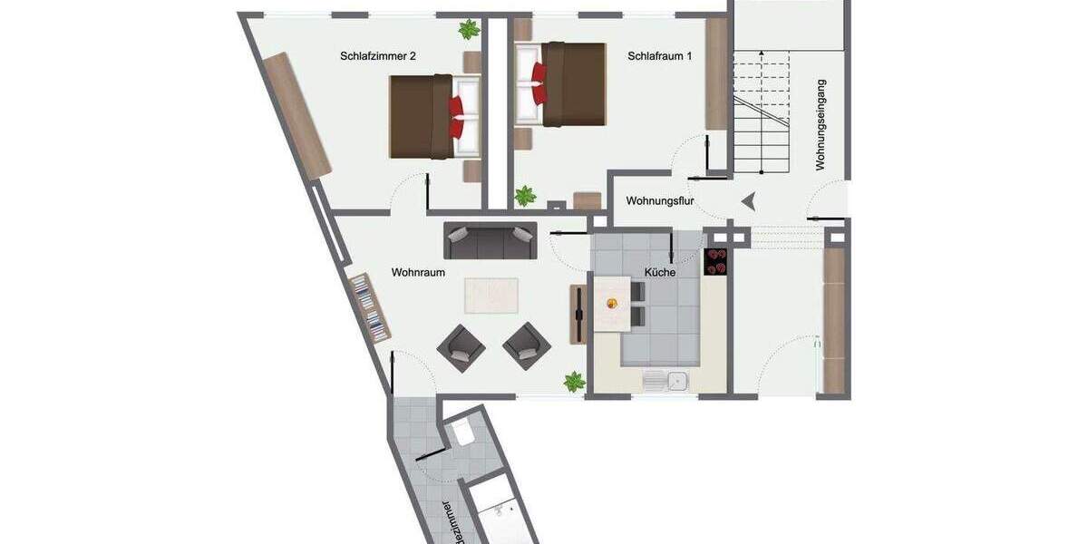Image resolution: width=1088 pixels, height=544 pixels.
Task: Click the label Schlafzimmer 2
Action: [x=378, y=56]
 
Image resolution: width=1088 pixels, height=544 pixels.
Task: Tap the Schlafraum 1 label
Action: [x=659, y=56]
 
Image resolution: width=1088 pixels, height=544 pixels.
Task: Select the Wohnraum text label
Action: [x=418, y=272]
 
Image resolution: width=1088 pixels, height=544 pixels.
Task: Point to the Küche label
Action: [x=660, y=272]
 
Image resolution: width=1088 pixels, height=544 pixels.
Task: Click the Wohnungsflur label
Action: [x=660, y=201]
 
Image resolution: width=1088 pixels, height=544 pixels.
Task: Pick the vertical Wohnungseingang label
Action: [x=821, y=125]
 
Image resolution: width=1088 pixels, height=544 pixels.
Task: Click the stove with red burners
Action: [x=716, y=261]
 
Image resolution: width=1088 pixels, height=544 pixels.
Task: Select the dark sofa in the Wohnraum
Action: [x=490, y=240]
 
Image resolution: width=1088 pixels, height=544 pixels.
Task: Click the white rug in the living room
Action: [x=491, y=296]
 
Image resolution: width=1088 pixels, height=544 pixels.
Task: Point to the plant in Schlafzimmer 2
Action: [x=469, y=30]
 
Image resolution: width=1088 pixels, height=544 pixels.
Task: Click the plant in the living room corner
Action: [x=574, y=382]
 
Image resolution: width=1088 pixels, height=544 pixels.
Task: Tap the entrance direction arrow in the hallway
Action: [x=748, y=201]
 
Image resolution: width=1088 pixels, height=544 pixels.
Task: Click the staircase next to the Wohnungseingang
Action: [x=762, y=113]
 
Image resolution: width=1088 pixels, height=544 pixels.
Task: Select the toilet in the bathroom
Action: [x=463, y=433]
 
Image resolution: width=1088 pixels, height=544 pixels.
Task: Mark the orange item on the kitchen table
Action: [x=607, y=304]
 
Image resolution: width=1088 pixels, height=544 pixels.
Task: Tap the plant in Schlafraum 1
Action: [x=525, y=195]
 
